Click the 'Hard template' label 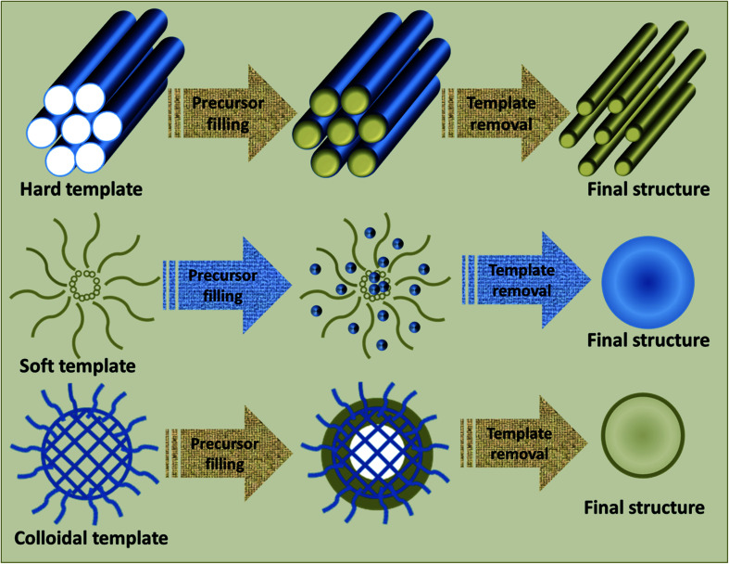(81, 189)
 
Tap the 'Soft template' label (77, 366)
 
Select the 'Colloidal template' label (91, 538)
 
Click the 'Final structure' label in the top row (648, 189)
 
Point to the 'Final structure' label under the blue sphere (648, 340)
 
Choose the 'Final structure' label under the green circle (645, 507)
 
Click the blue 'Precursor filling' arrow (228, 286)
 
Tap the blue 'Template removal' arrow (526, 280)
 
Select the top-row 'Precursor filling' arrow (233, 113)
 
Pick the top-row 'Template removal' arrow (506, 113)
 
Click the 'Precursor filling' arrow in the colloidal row (229, 454)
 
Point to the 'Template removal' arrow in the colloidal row (524, 443)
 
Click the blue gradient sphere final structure (647, 282)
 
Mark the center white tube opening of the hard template (76, 129)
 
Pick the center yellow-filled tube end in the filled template (342, 131)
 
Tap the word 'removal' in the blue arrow (522, 291)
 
